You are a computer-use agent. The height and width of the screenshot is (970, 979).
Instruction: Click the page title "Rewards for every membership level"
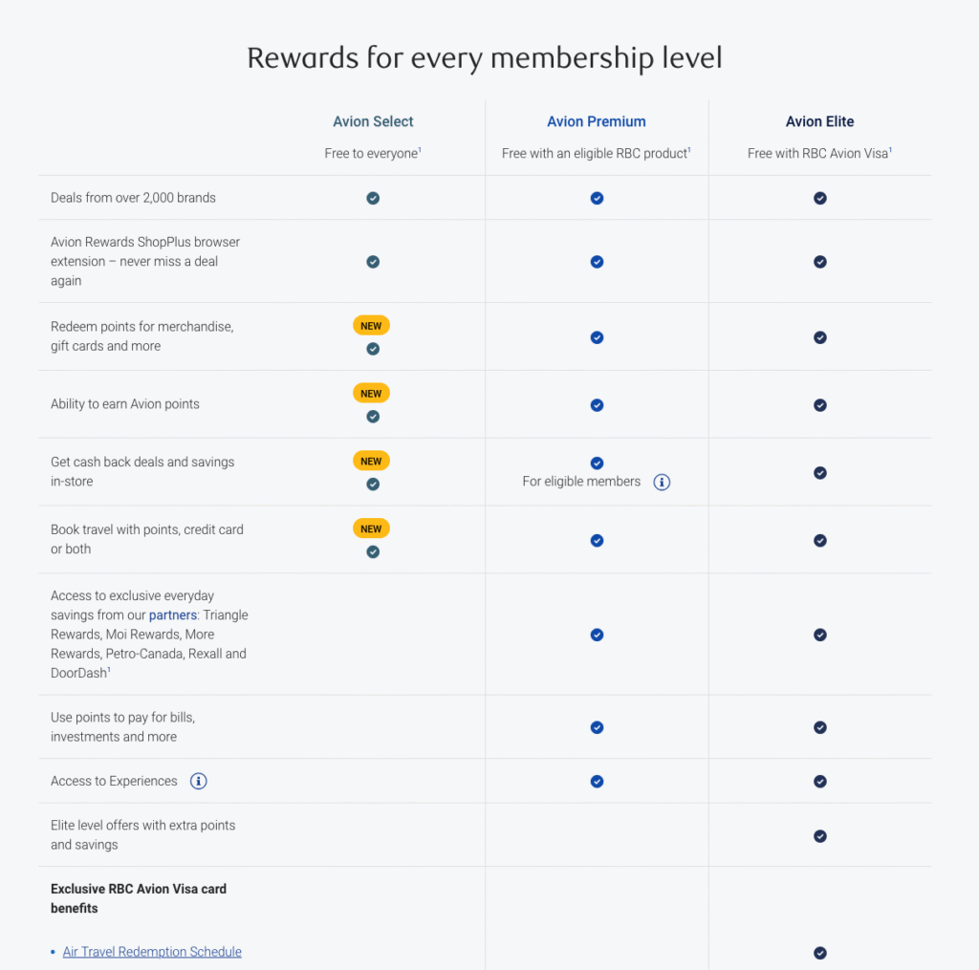click(x=484, y=58)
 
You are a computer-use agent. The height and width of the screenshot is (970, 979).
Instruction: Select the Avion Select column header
click(x=373, y=121)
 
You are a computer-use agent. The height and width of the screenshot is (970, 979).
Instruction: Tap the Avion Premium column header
click(x=597, y=121)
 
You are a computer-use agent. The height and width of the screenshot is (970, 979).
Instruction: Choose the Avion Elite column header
click(x=819, y=121)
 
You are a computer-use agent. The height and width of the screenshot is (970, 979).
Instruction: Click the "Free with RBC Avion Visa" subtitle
click(x=819, y=153)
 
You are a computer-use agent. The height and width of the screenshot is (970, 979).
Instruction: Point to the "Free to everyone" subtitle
click(x=373, y=153)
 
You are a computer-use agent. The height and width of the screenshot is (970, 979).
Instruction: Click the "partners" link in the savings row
click(x=173, y=615)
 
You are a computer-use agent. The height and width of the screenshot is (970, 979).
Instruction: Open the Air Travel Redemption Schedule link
click(x=152, y=952)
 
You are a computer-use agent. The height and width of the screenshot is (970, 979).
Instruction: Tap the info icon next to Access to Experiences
click(x=199, y=782)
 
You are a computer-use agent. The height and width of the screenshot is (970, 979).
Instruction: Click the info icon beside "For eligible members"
click(x=662, y=482)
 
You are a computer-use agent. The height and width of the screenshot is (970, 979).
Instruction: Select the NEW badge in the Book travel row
click(x=372, y=528)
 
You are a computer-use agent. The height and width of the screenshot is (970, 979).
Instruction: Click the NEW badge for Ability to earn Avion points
click(x=372, y=393)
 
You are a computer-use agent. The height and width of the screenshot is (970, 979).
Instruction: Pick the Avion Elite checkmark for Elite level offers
click(x=819, y=836)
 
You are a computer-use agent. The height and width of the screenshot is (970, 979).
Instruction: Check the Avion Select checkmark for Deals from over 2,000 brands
click(x=373, y=198)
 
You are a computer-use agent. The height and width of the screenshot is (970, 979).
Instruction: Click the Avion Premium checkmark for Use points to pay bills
click(x=597, y=727)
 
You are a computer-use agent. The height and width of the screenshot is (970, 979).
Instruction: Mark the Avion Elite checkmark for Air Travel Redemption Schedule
click(x=819, y=953)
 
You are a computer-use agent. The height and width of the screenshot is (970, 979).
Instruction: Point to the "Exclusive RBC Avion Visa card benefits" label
click(x=139, y=898)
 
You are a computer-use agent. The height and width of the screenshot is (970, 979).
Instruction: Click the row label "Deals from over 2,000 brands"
click(x=133, y=198)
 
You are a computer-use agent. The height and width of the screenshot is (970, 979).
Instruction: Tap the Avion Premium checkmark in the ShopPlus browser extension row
click(x=597, y=262)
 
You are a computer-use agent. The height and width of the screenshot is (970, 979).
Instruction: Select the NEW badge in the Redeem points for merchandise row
click(x=372, y=326)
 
